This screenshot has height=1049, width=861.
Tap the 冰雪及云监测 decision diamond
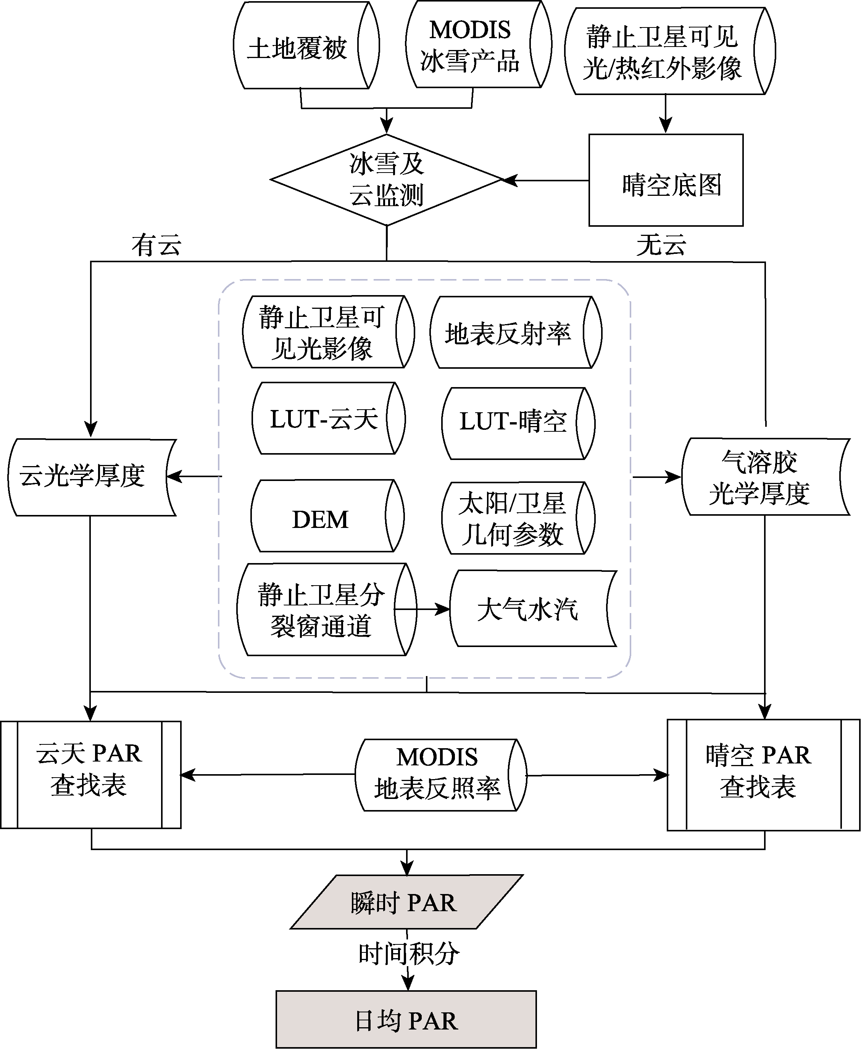(x=386, y=179)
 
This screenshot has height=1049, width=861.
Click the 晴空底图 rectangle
(x=666, y=180)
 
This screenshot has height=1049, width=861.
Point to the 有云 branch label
(x=156, y=245)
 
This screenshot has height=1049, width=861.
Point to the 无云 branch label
(x=661, y=245)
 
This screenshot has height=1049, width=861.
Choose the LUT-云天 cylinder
(x=328, y=418)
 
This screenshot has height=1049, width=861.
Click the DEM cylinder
(x=327, y=516)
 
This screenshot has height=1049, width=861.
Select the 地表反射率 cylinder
(x=516, y=332)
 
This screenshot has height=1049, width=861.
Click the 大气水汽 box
(x=534, y=608)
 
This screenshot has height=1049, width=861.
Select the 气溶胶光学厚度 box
(x=766, y=477)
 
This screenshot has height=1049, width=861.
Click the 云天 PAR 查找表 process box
(x=91, y=775)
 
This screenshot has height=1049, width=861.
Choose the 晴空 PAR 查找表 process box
(x=763, y=775)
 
